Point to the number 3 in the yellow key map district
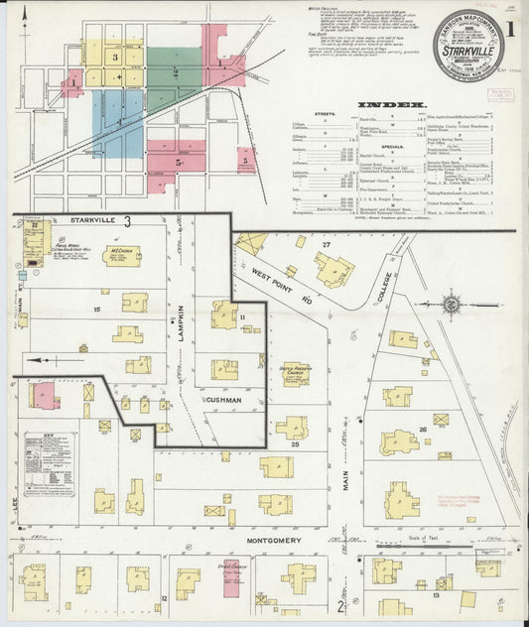click(115, 58)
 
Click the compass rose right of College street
click(452, 305)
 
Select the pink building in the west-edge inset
click(44, 396)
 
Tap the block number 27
click(325, 244)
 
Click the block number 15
click(97, 311)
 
